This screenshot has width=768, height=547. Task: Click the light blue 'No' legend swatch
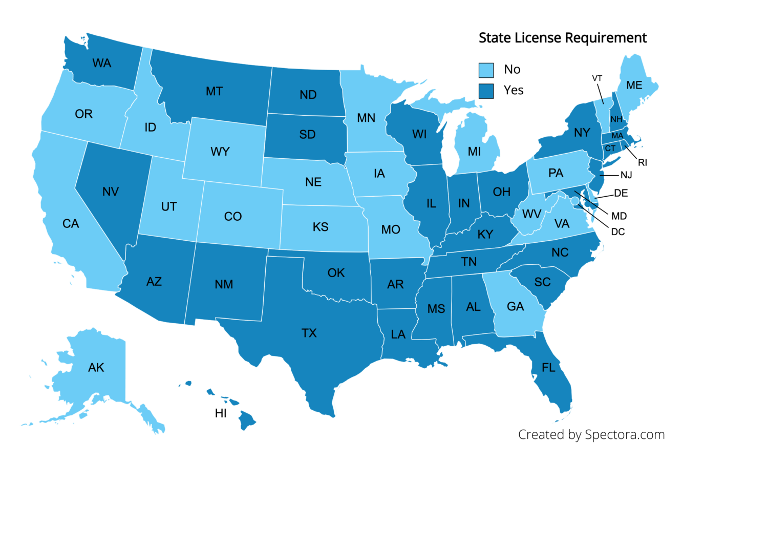[486, 70]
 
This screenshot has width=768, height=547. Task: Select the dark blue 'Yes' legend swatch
[486, 91]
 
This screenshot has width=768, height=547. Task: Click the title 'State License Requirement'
[562, 38]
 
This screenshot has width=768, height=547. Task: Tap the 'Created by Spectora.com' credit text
[591, 435]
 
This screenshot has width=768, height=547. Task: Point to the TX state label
[309, 333]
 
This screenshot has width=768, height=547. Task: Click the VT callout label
[597, 78]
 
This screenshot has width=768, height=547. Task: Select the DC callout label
[618, 232]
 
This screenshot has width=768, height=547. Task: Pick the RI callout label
[643, 163]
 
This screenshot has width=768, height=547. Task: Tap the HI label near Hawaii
[221, 413]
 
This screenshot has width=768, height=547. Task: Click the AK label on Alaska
[96, 368]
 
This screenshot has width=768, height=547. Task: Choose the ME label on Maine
[634, 86]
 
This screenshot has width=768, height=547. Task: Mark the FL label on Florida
[548, 368]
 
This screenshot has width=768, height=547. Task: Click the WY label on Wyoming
[220, 152]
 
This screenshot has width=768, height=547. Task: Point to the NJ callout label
[626, 175]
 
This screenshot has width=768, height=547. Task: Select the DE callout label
[621, 193]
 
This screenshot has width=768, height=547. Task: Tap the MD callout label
[619, 216]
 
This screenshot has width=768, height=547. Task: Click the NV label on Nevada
[111, 192]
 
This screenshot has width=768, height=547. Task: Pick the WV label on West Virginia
[532, 214]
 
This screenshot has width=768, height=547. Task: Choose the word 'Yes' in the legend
[514, 91]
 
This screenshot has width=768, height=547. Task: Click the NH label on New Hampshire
[616, 119]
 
